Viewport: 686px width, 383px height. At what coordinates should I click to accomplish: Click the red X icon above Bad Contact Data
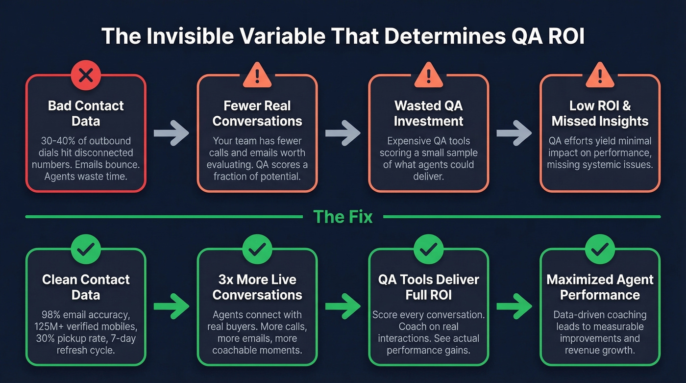click(x=86, y=75)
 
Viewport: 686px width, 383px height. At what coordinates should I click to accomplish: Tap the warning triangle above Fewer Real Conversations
click(x=257, y=75)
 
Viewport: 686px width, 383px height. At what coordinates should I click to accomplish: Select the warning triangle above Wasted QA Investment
click(x=429, y=75)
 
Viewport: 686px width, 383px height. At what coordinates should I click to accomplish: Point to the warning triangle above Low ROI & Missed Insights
click(x=600, y=75)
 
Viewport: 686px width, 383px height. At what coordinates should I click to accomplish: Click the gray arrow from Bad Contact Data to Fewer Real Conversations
click(x=171, y=133)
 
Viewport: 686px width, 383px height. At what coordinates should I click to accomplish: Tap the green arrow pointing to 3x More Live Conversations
click(x=171, y=307)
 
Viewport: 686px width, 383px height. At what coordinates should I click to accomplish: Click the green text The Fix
click(x=343, y=216)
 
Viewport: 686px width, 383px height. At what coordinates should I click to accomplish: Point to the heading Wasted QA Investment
click(x=429, y=113)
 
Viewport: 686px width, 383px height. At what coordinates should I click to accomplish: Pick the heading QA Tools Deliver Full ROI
click(x=429, y=287)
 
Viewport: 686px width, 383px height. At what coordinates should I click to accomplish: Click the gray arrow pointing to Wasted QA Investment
click(x=343, y=133)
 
